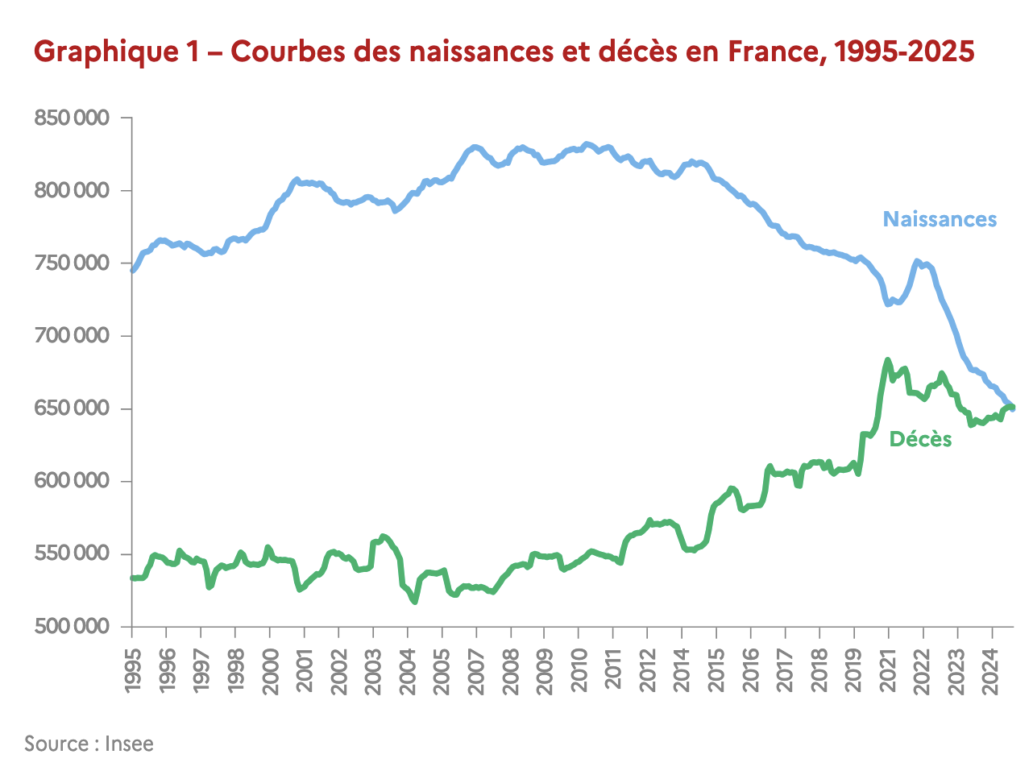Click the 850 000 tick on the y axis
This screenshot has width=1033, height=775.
pos(71,118)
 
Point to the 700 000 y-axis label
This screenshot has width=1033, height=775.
pos(71,336)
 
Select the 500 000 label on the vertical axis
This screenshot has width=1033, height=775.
pos(71,627)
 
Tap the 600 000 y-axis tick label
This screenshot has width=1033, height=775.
pos(71,481)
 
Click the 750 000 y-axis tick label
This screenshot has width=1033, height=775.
pos(71,263)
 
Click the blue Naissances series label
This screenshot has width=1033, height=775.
pos(940,219)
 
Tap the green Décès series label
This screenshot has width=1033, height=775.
pos(920,439)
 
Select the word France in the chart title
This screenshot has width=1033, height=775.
pos(773,52)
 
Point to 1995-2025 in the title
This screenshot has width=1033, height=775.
pos(904,52)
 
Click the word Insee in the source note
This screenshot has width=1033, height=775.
pos(129,744)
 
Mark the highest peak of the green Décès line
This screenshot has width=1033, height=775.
pos(887,360)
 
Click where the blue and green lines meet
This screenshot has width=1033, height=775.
pos(1010,407)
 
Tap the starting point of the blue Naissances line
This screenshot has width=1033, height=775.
pos(133,271)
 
